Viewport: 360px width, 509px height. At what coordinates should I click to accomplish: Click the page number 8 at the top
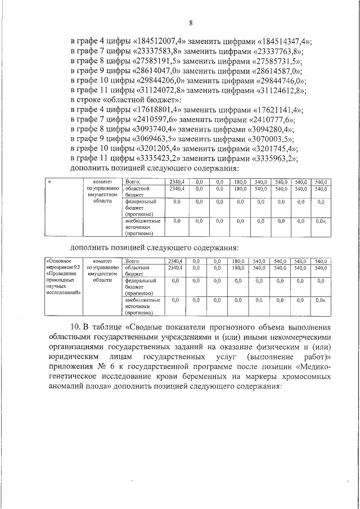(x=191, y=23)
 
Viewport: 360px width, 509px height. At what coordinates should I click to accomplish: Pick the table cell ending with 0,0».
(x=321, y=301)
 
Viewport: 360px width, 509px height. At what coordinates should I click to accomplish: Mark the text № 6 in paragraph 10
(x=123, y=369)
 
